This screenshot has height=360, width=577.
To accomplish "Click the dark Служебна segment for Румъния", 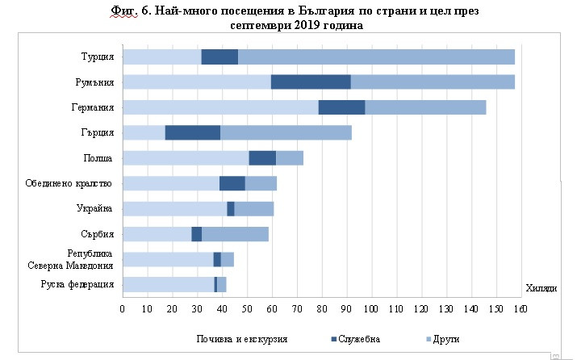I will tap(311, 82).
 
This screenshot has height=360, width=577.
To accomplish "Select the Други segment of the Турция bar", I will tap(376, 57).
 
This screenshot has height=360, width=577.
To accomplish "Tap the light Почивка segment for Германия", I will tap(220, 107).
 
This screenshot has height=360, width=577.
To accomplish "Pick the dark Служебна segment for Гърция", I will tap(193, 133).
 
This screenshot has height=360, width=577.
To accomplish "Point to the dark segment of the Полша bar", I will tap(262, 158).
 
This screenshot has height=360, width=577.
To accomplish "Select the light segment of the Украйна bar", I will tap(174, 209).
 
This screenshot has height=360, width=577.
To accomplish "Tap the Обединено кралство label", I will tap(73, 183).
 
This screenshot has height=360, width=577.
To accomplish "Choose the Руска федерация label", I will tap(77, 284).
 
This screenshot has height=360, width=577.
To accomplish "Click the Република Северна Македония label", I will tap(79, 258).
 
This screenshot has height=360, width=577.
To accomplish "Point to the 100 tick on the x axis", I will tap(371, 309).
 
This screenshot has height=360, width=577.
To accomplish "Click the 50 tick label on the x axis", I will tap(247, 309).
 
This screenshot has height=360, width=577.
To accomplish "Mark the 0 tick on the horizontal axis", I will tap(123, 309).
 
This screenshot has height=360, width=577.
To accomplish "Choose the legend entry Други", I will tap(444, 338).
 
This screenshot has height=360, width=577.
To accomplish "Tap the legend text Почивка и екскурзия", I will tap(241, 338).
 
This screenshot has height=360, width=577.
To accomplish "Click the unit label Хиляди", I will tap(540, 288).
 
